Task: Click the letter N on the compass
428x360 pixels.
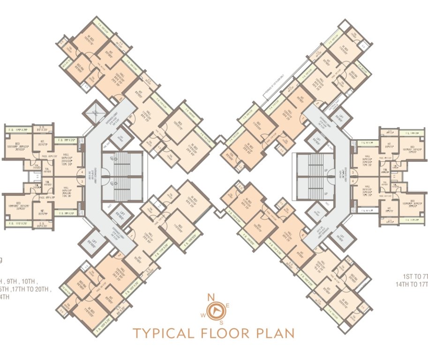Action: [212, 297]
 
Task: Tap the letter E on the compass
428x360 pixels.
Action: [227, 306]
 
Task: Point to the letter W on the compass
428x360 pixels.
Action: [203, 315]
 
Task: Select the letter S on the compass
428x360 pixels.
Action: [221, 322]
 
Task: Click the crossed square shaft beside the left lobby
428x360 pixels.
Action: [93, 113]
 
